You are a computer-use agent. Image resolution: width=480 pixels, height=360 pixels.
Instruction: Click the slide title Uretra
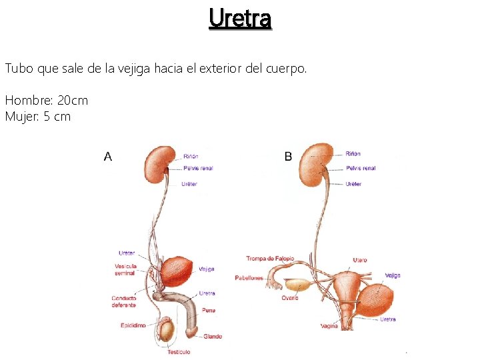pyautogui.click(x=240, y=19)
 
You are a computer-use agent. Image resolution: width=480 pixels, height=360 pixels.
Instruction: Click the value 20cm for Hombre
pyautogui.click(x=73, y=101)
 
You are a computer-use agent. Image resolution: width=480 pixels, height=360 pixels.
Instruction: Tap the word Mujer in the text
pyautogui.click(x=19, y=117)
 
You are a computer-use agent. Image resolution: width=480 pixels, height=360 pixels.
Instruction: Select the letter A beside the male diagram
pyautogui.click(x=108, y=157)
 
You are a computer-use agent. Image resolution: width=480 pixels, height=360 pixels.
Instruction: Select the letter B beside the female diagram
pyautogui.click(x=288, y=156)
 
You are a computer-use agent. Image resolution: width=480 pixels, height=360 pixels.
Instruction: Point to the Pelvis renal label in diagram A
pyautogui.click(x=197, y=168)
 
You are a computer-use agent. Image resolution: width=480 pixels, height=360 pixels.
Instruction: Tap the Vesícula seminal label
pyautogui.click(x=125, y=269)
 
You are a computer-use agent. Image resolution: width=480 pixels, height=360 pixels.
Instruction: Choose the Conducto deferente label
pyautogui.click(x=124, y=301)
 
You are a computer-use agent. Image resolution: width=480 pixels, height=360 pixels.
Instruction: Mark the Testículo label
pyautogui.click(x=179, y=351)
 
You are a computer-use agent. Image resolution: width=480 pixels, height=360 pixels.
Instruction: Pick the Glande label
pyautogui.click(x=213, y=337)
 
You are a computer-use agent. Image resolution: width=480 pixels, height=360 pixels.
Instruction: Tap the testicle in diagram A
pyautogui.click(x=167, y=329)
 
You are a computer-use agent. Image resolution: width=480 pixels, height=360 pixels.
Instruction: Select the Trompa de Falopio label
pyautogui.click(x=270, y=259)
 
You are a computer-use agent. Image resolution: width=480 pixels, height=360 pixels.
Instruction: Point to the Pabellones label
pyautogui.click(x=249, y=277)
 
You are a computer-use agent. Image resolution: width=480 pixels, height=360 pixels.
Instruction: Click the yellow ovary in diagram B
pyautogui.click(x=299, y=285)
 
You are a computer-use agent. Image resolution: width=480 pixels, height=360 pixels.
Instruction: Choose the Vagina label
pyautogui.click(x=329, y=326)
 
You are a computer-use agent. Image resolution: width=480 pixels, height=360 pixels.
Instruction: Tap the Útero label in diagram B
pyautogui.click(x=360, y=259)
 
